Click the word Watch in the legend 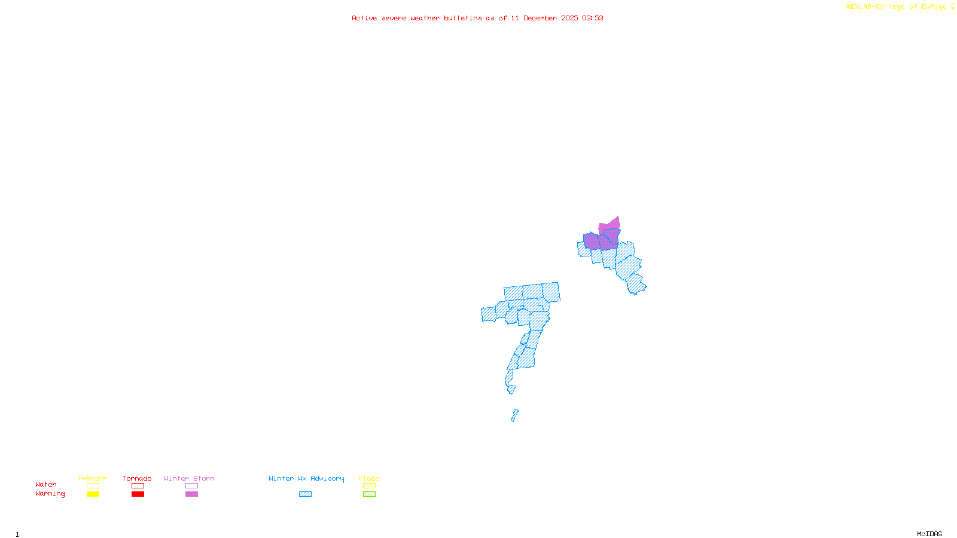pos(46,484)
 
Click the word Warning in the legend pos(50,494)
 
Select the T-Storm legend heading pos(92,478)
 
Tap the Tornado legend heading pos(137,478)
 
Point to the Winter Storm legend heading pos(189,478)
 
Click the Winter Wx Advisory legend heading pos(306,478)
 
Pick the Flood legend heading pos(369,478)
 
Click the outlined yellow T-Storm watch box pos(93,486)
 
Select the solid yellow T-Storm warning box pos(93,494)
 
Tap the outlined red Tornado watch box pos(138,486)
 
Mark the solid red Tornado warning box pos(138,494)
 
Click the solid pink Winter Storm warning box pos(191,494)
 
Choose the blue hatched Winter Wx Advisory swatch pos(305,494)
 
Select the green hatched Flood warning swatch pos(369,494)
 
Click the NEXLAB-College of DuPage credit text pos(897,7)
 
